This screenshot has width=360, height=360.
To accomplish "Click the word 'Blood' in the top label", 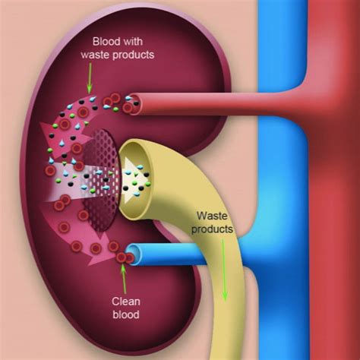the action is [104, 42].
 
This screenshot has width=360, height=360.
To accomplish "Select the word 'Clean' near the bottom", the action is [126, 302].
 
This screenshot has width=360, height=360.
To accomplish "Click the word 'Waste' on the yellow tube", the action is [212, 216].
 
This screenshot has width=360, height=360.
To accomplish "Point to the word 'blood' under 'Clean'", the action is [126, 314].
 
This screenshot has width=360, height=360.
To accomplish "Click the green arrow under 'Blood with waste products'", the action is [90, 77].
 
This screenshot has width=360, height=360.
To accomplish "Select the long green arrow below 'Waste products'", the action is [224, 270].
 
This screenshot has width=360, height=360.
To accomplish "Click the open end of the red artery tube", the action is [134, 104].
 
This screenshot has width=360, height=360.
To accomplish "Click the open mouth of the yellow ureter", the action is [134, 177].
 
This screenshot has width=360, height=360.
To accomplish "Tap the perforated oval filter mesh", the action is [101, 180].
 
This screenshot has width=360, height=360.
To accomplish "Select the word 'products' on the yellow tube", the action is [212, 229].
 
